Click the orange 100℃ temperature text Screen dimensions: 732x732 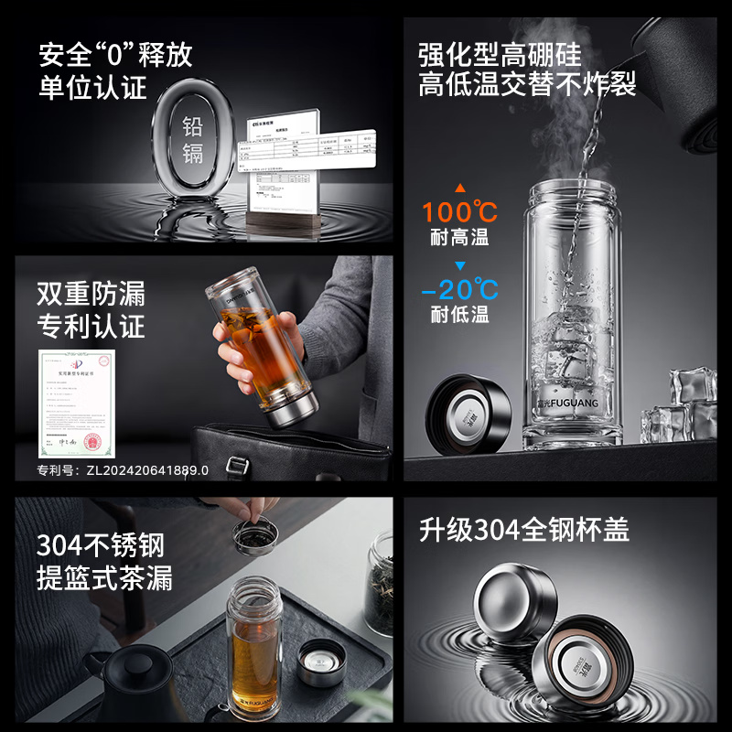pos(459,212)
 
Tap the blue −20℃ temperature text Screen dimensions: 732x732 pos(459,290)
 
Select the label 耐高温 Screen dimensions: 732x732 pos(459,239)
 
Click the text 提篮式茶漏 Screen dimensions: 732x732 pos(104,578)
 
